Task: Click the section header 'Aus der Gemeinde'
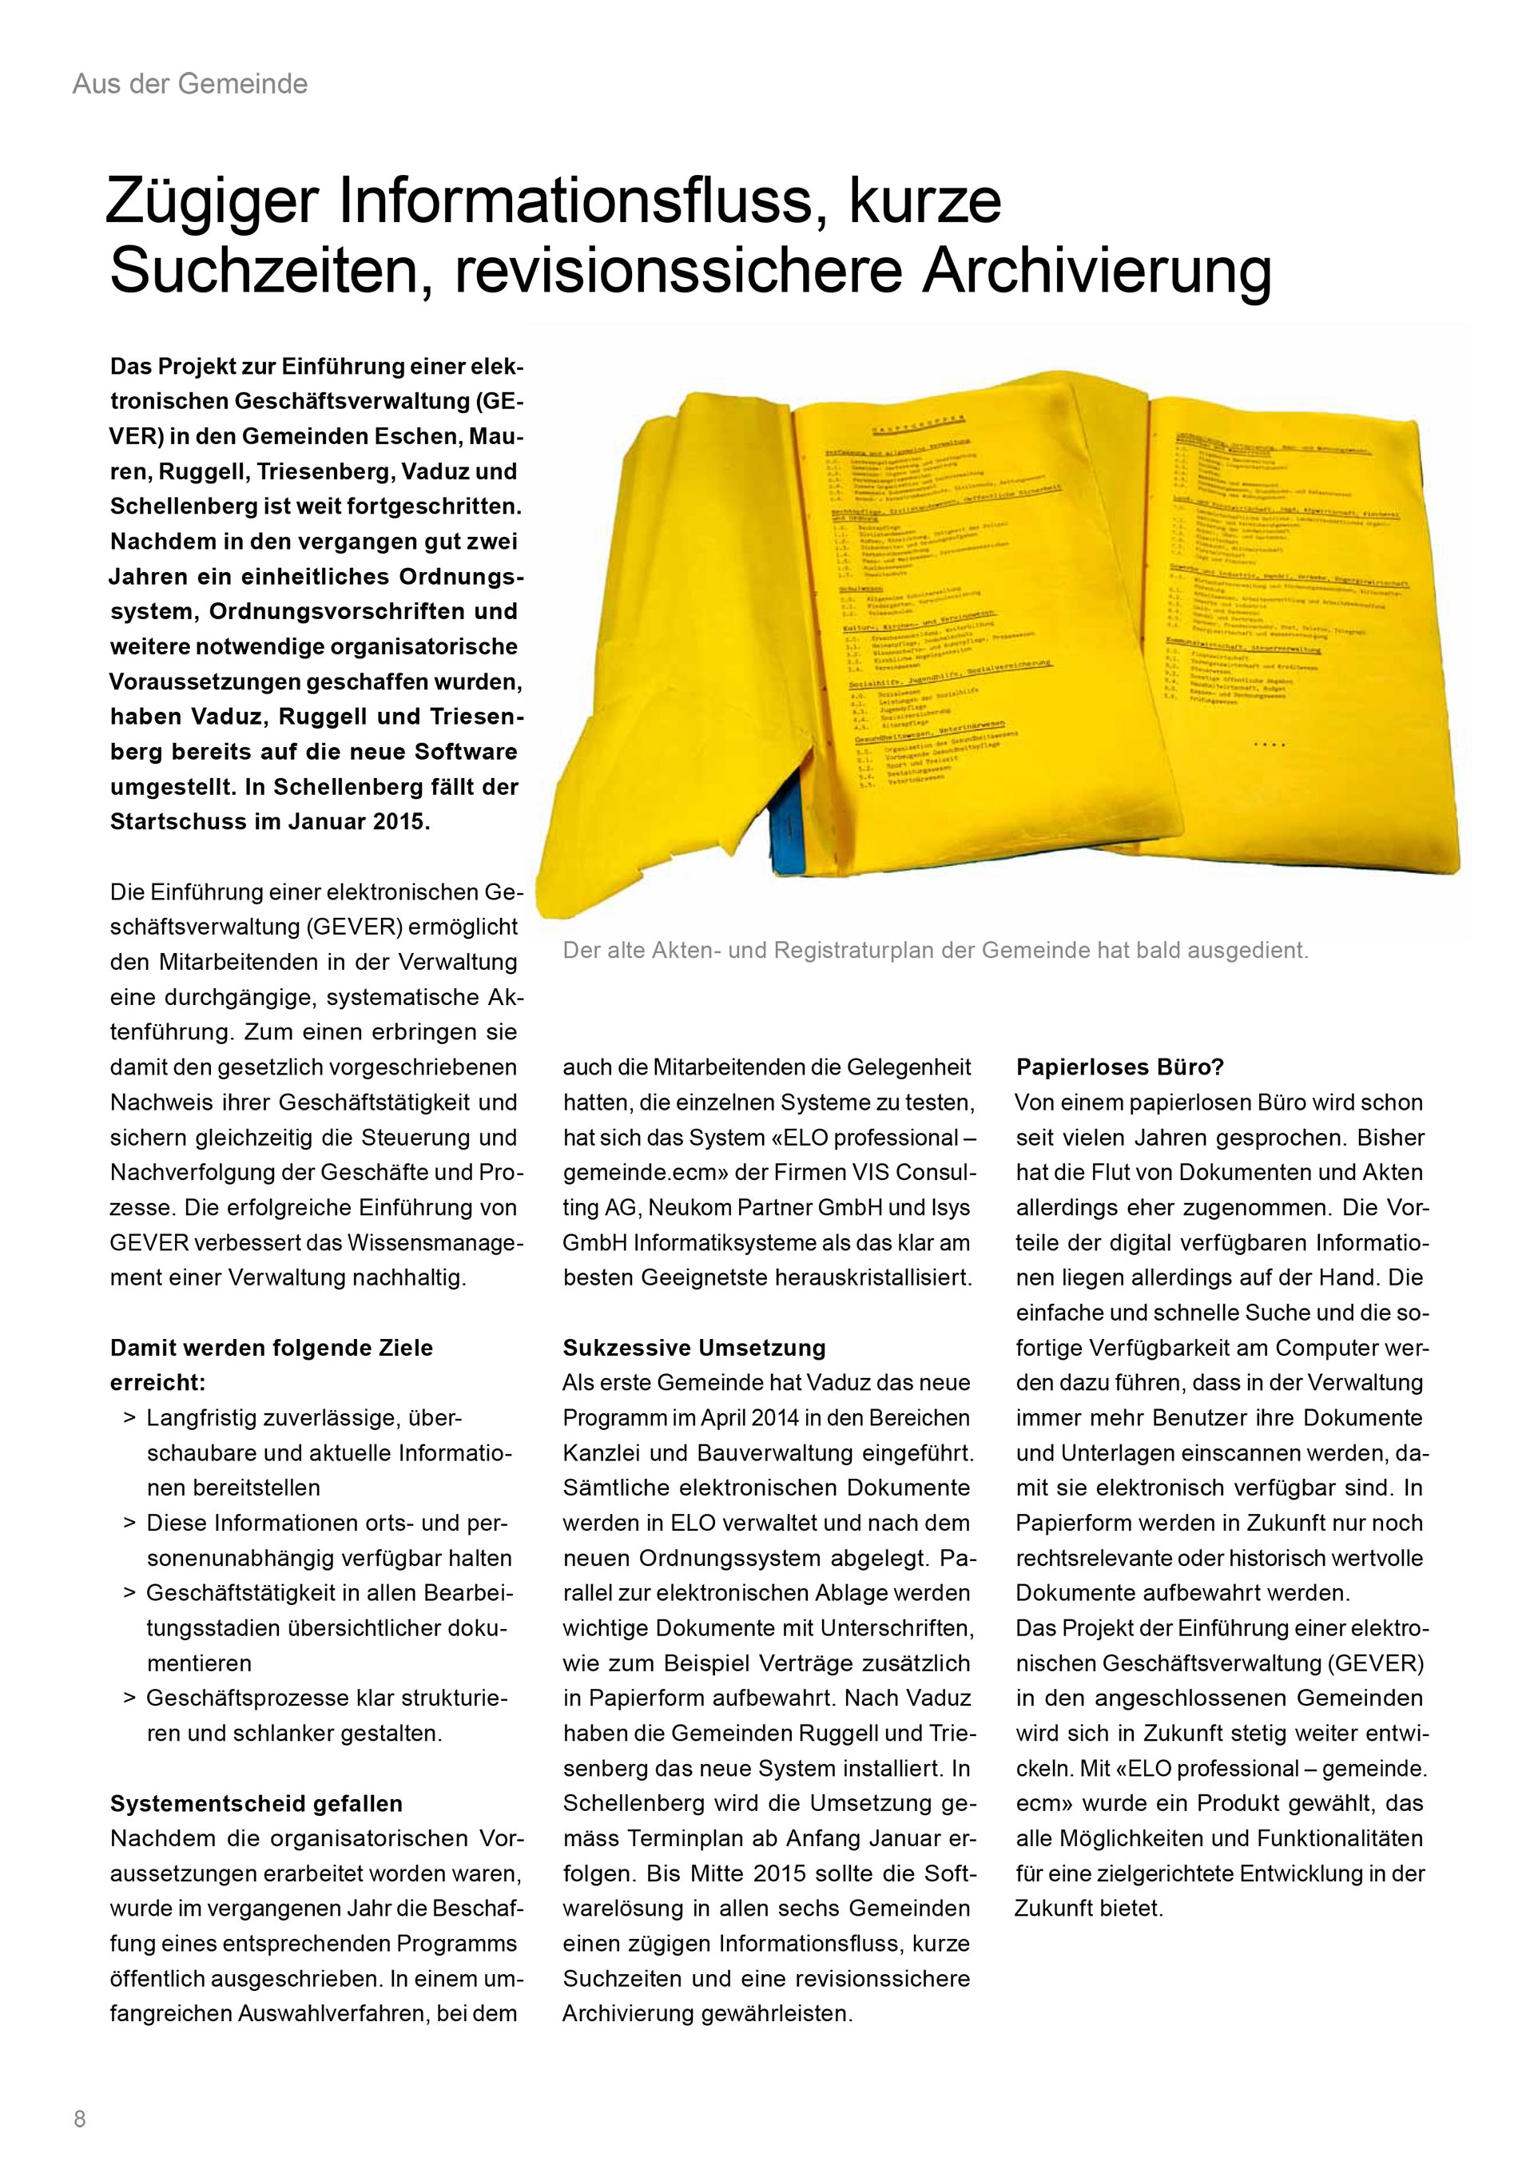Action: point(190,84)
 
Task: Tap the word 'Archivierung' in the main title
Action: point(1097,273)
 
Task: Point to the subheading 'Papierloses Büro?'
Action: point(1119,1067)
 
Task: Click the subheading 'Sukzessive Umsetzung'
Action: point(694,1348)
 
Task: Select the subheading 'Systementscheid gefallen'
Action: point(256,1803)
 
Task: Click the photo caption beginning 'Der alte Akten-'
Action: point(935,951)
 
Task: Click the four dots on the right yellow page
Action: point(1269,745)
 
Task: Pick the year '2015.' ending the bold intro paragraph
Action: point(400,822)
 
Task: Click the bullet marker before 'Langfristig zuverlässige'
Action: point(129,1419)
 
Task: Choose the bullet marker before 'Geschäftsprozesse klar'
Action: point(129,1698)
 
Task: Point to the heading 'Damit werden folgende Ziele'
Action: point(271,1348)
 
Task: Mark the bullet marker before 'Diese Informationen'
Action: point(129,1523)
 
